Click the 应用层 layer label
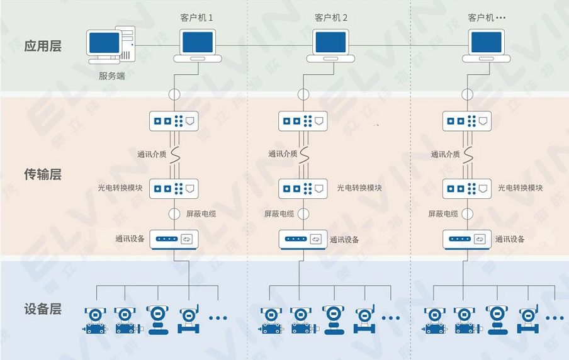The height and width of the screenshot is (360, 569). pyautogui.click(x=43, y=46)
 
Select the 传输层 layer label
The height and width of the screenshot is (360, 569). pyautogui.click(x=43, y=174)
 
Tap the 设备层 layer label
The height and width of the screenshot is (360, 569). pyautogui.click(x=43, y=308)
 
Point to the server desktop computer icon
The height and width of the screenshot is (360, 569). pyautogui.click(x=112, y=44)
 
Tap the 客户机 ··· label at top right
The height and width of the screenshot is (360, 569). pyautogui.click(x=487, y=18)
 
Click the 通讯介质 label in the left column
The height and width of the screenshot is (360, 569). pyautogui.click(x=152, y=154)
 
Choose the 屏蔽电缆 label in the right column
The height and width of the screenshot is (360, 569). pyautogui.click(x=443, y=213)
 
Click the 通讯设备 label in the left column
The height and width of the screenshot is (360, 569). pyautogui.click(x=130, y=239)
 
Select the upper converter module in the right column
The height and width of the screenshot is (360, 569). pyautogui.click(x=466, y=121)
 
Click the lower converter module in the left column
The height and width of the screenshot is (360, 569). pyautogui.click(x=174, y=188)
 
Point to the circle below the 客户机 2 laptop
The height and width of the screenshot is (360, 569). pyautogui.click(x=303, y=94)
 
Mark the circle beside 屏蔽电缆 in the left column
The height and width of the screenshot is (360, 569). pyautogui.click(x=174, y=213)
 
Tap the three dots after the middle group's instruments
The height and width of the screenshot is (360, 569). pyautogui.click(x=390, y=318)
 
